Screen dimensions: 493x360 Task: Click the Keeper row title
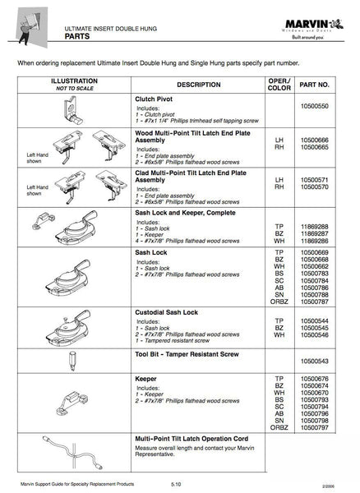click(146, 379)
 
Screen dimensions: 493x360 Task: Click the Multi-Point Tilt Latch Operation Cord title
click(191, 439)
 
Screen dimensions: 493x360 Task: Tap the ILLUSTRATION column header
click(74, 81)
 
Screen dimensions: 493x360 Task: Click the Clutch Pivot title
click(156, 98)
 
